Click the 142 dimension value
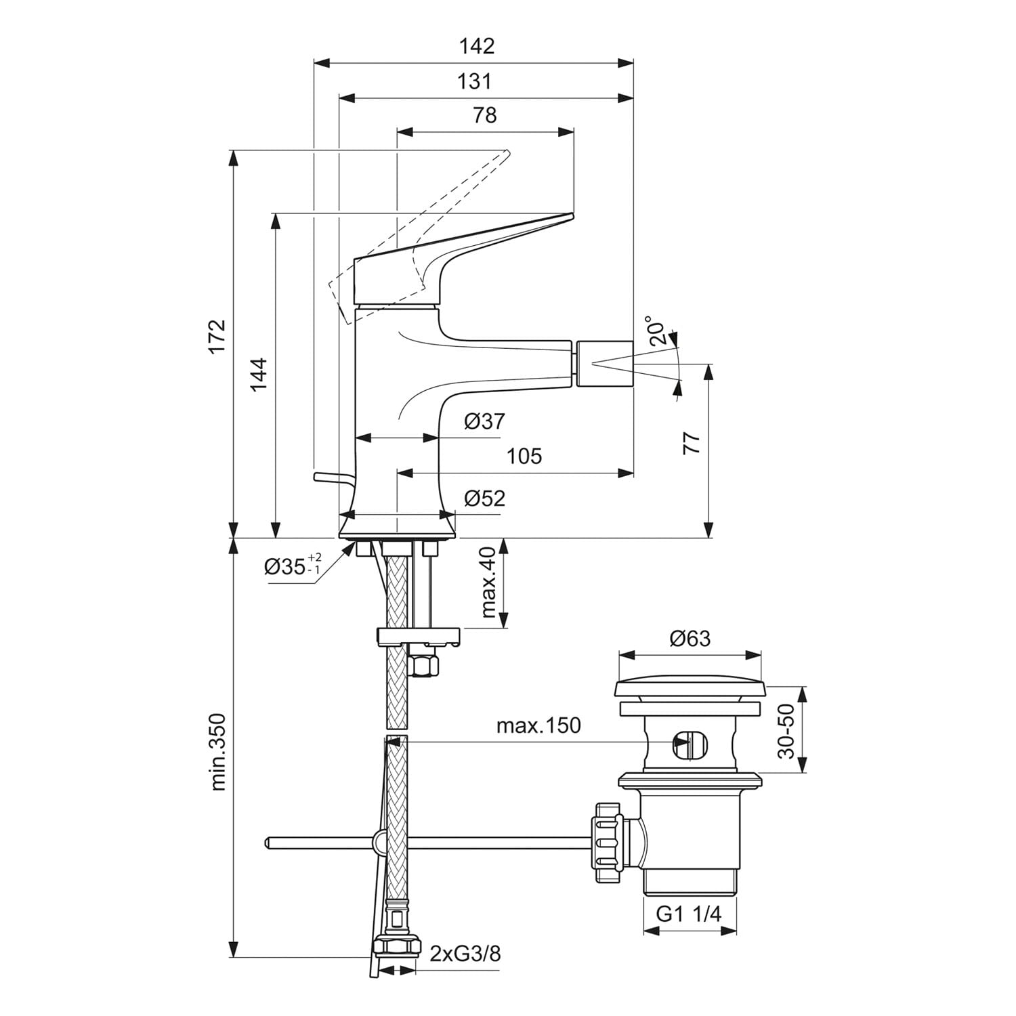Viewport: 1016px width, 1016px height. [x=477, y=46]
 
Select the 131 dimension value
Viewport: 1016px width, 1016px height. [x=474, y=81]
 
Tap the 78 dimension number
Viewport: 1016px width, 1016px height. [x=485, y=115]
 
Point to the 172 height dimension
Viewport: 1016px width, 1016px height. [x=217, y=336]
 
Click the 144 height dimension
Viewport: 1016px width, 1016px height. [x=259, y=374]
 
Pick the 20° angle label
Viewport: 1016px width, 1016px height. [x=659, y=331]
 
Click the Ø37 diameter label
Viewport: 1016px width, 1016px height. [x=484, y=421]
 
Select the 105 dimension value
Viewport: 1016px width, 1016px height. [x=524, y=456]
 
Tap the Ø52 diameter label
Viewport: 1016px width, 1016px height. [x=484, y=499]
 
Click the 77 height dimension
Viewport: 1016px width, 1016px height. [x=691, y=443]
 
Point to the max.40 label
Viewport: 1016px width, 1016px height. [x=488, y=583]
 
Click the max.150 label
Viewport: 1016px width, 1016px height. [x=538, y=725]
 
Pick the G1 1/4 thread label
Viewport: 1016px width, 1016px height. [x=689, y=914]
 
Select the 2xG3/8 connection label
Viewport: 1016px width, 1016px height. [x=465, y=954]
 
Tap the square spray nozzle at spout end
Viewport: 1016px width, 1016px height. [x=604, y=364]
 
